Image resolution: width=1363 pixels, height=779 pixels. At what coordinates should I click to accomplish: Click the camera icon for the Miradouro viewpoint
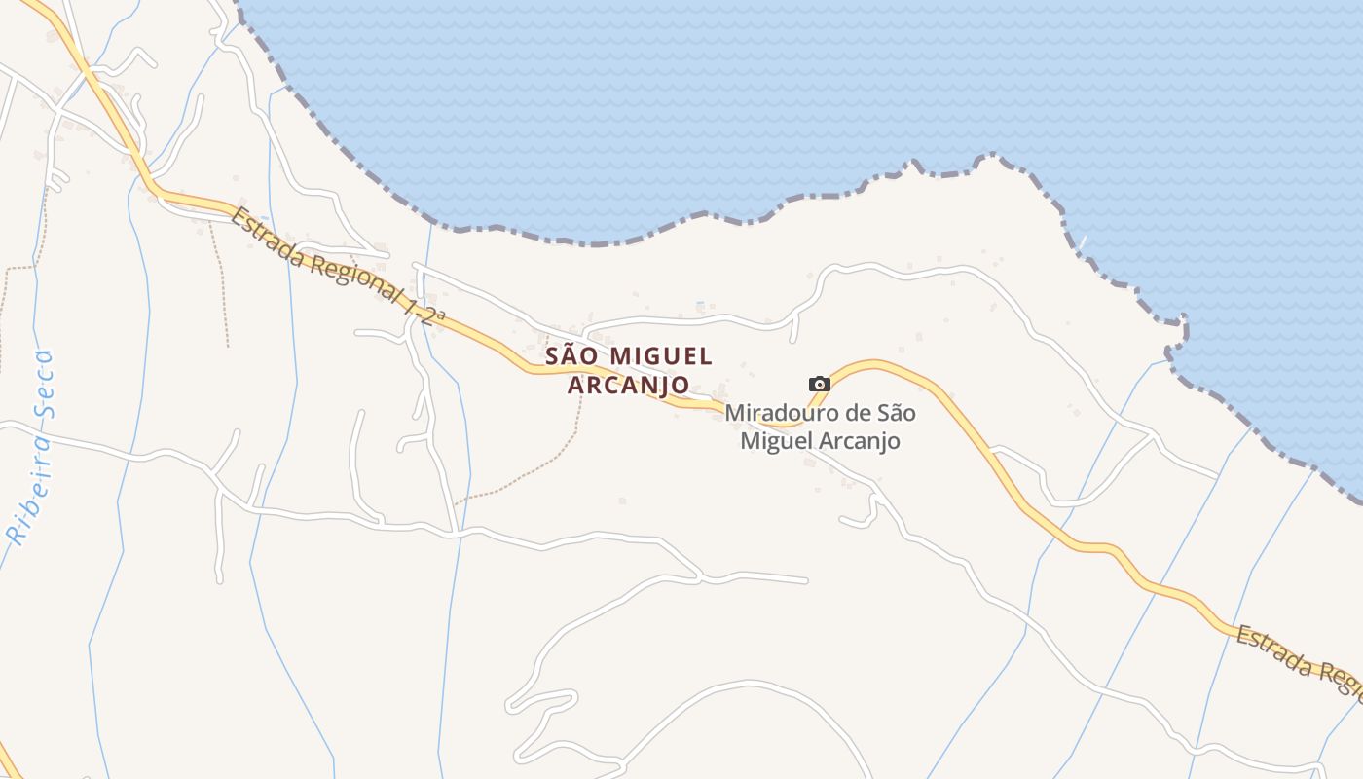pos(820,384)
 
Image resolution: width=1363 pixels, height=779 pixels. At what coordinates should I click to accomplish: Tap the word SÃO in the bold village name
pos(569,356)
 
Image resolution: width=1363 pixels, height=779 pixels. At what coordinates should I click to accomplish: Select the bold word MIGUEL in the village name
pos(661,356)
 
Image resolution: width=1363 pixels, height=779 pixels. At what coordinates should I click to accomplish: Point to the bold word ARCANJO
pos(628,386)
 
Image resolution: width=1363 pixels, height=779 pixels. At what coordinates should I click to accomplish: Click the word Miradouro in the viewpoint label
pos(774,413)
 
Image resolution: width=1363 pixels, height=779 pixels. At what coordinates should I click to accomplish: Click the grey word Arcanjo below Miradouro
pos(859,441)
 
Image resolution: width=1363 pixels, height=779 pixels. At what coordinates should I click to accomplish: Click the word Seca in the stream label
pos(44,384)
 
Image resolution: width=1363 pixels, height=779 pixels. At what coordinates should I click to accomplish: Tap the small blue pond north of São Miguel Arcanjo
pos(700,306)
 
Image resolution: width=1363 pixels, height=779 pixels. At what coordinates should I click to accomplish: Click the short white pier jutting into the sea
pos(1081,242)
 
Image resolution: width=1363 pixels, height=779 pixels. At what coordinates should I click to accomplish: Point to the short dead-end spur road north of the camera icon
pos(793,329)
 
